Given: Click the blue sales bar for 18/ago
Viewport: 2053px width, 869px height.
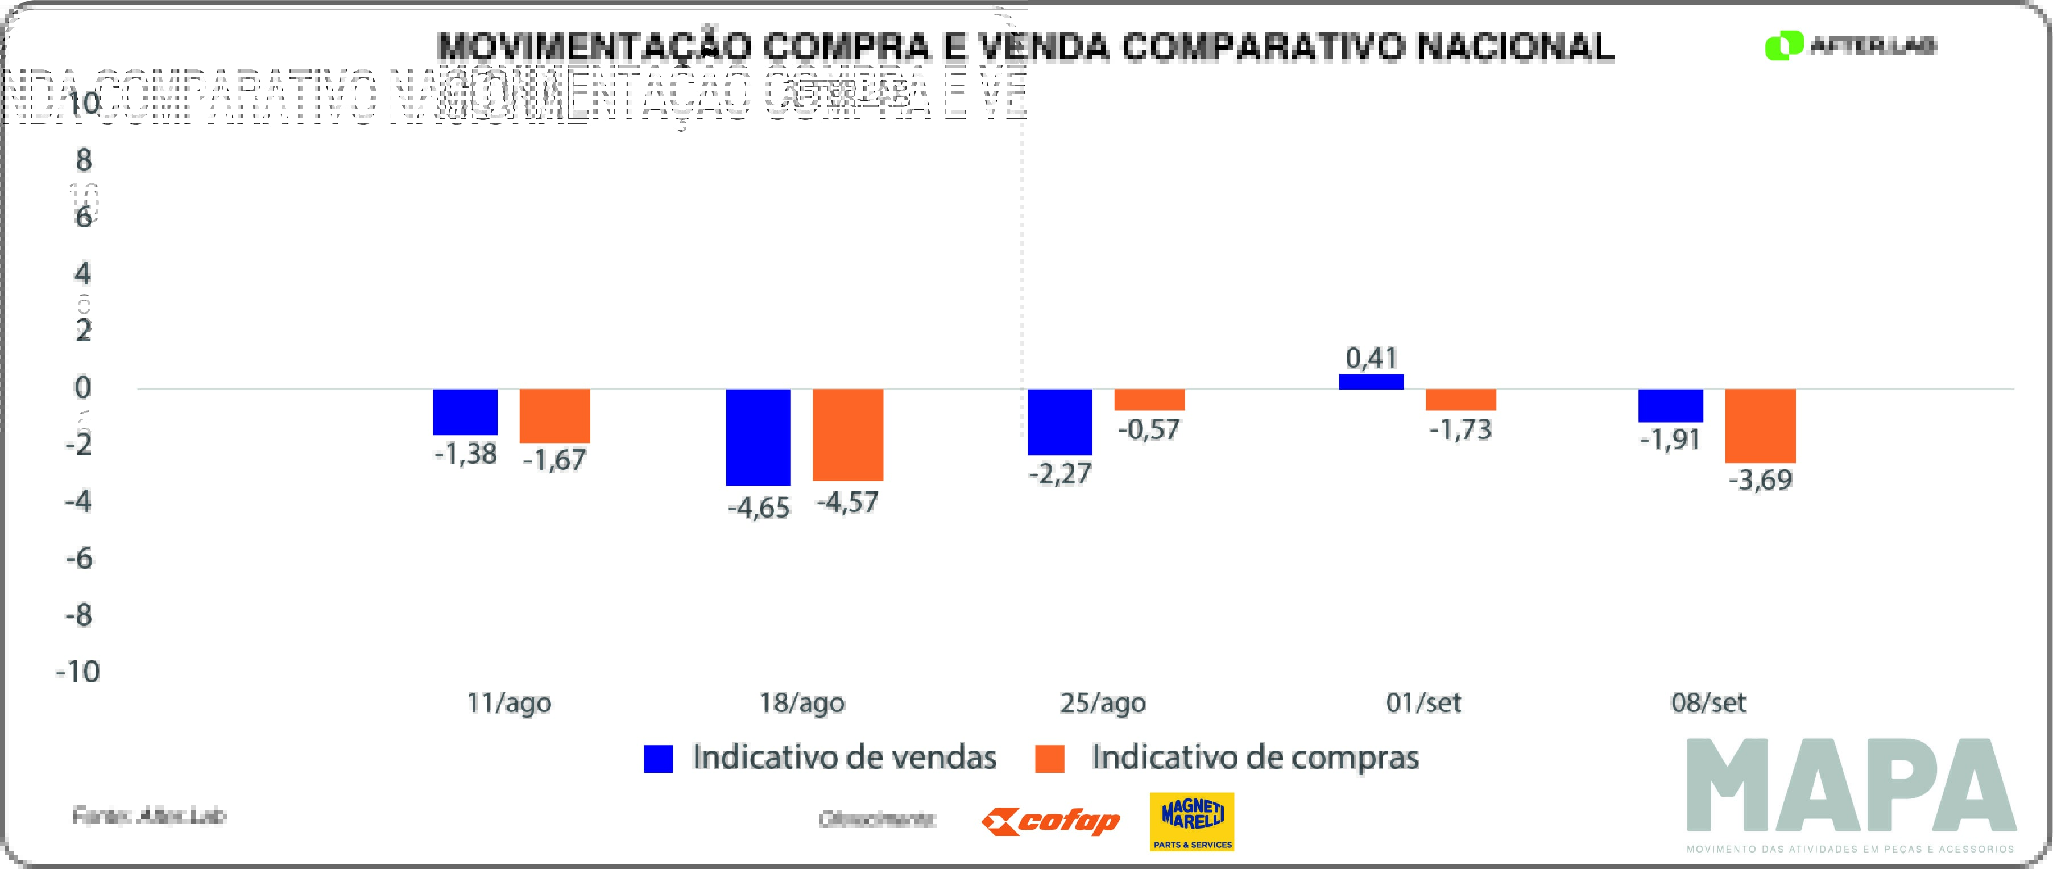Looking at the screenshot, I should click(758, 437).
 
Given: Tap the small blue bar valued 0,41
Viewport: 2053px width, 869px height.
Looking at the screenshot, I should click(1371, 381).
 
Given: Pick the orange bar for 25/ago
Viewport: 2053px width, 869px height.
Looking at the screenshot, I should click(1149, 399).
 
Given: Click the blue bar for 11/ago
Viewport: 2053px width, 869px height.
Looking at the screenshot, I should click(465, 411).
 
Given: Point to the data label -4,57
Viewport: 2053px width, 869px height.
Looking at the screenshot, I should click(847, 502).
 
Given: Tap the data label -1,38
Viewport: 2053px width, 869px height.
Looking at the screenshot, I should click(465, 454).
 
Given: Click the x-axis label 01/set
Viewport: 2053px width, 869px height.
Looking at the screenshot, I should click(1423, 702).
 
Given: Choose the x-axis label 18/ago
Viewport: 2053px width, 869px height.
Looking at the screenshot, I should click(802, 702).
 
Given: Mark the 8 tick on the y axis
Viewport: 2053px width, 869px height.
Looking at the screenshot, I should click(84, 160).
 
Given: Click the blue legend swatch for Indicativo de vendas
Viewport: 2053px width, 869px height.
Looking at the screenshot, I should click(659, 758).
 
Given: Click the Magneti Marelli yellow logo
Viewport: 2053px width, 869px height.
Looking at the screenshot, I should click(1191, 821).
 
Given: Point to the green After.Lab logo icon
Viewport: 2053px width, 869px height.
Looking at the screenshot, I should click(1783, 45).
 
